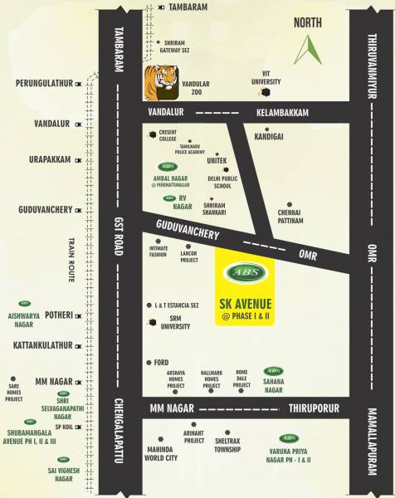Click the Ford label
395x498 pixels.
(161, 362)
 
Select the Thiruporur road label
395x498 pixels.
(315, 409)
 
